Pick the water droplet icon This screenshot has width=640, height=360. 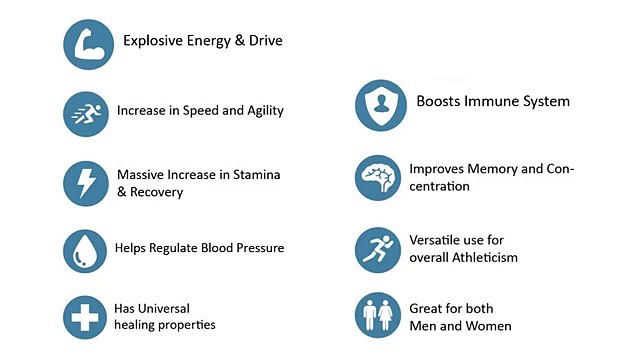[x=85, y=249]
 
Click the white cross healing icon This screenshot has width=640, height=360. [x=85, y=317]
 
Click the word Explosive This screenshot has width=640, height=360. [x=153, y=41]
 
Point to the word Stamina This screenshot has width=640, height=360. [x=257, y=174]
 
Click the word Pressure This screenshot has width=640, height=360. [x=258, y=248]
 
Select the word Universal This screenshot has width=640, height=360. [x=165, y=308]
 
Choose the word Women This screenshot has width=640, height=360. [x=489, y=326]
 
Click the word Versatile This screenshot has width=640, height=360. [x=438, y=240]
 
